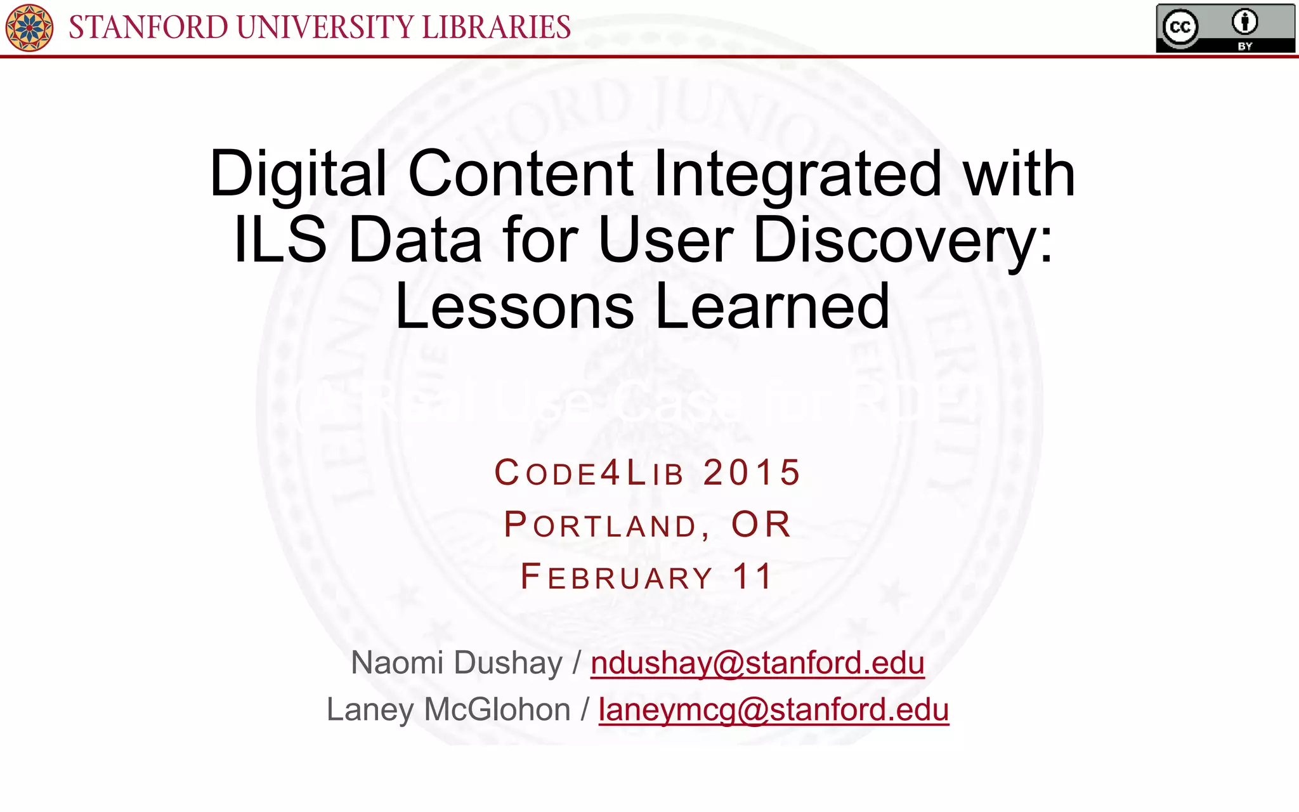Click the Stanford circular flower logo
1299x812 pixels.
[29, 27]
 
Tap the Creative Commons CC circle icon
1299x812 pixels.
[1180, 27]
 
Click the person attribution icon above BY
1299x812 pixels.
[1244, 23]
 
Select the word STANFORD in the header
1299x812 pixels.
[148, 27]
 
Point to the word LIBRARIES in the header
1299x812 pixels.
[496, 27]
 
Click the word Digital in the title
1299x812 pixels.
[297, 174]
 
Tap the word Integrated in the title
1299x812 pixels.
[797, 174]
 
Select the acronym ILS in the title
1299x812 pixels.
[280, 240]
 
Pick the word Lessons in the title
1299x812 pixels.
[514, 306]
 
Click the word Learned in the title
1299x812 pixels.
[772, 306]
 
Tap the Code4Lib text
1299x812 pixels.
[589, 473]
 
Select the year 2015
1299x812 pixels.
[752, 473]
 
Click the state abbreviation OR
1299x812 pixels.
[761, 525]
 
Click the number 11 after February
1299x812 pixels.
[752, 577]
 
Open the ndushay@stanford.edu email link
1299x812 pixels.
[757, 664]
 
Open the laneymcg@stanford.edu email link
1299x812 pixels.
[774, 710]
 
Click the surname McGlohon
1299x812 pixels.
[497, 710]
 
